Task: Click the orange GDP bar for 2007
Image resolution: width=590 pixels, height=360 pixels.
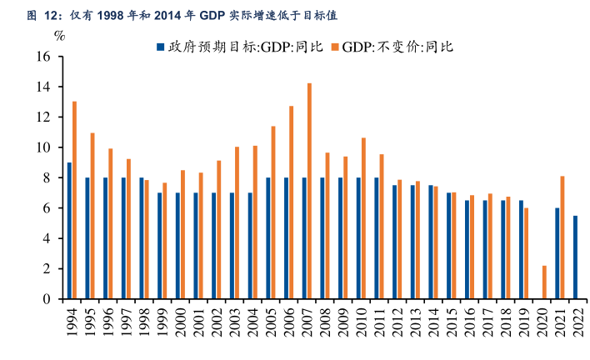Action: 309,191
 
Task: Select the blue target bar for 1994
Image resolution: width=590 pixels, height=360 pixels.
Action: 69,231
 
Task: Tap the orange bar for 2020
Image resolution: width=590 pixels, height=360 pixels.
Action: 544,282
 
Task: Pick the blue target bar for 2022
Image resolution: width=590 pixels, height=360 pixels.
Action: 575,257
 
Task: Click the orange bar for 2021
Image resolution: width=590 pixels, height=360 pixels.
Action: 562,237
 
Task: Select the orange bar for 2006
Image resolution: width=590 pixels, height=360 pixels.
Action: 292,202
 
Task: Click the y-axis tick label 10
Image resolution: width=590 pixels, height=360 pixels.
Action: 44,147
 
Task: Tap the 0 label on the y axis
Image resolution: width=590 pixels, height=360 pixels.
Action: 48,299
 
